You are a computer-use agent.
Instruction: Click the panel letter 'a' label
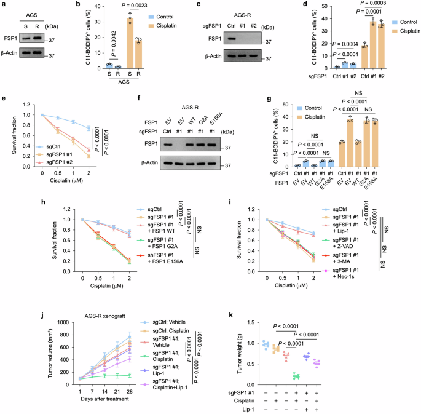pyautogui.click(x=4, y=6)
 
